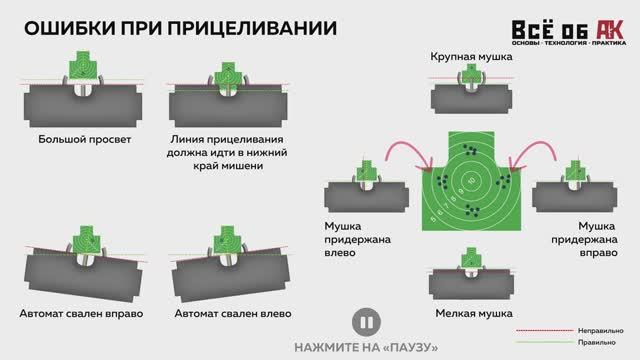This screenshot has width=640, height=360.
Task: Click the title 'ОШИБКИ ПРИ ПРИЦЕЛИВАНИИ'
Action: point(180,28)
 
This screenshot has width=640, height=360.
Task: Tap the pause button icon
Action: point(366,322)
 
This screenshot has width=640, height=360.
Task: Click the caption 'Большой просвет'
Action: point(84,140)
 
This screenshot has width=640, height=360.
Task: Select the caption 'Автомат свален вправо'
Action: point(81,313)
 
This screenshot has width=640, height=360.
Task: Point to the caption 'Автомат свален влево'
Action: point(233,313)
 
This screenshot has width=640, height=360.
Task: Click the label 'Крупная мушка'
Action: point(471,57)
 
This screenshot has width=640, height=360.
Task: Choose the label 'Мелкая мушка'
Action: point(474,313)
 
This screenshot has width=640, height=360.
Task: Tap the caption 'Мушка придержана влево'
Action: point(358,239)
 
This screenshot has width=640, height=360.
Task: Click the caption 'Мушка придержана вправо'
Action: point(584,239)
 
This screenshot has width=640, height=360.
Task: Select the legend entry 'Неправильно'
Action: point(600,331)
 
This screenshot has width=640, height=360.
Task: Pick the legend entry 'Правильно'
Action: point(596,342)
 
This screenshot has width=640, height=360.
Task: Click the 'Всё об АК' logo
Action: point(569,32)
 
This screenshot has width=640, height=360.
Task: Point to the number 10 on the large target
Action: point(472,180)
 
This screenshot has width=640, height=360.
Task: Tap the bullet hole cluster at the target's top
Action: point(470,150)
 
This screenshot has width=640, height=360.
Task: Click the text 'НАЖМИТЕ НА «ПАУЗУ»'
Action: point(366,348)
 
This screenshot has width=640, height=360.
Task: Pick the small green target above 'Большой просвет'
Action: point(83,65)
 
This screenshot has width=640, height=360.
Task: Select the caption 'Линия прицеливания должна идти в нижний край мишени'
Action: point(227,153)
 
